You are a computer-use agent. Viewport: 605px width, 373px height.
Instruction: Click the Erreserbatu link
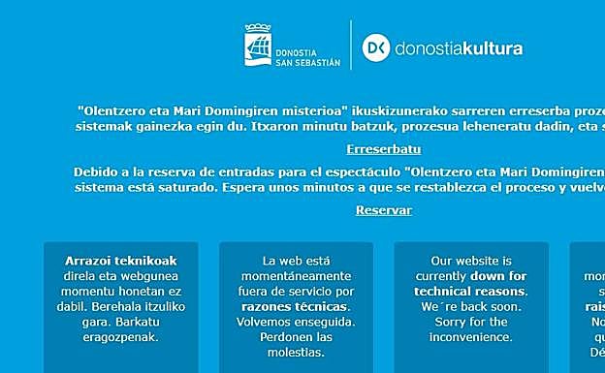pyautogui.click(x=384, y=149)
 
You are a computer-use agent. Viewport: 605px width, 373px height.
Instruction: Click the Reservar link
pyautogui.click(x=384, y=210)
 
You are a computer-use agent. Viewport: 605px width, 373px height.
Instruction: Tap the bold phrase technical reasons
pyautogui.click(x=471, y=292)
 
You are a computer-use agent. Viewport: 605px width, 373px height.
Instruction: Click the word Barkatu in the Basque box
pyautogui.click(x=152, y=322)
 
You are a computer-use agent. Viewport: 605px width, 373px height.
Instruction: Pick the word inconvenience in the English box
pyautogui.click(x=471, y=337)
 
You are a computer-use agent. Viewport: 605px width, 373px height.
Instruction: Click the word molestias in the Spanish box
pyautogui.click(x=296, y=353)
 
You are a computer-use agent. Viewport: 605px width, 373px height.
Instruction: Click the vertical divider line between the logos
pyautogui.click(x=350, y=47)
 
